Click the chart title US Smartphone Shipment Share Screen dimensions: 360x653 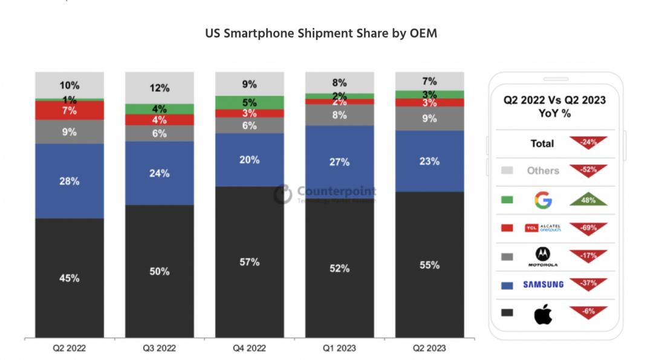pos(321,33)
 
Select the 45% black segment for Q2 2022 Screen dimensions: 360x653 pos(70,278)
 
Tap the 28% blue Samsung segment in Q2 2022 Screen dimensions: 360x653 pos(70,181)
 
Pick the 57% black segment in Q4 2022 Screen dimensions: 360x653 pos(250,262)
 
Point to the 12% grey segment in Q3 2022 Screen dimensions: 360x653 pos(160,88)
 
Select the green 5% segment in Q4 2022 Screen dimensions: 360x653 pos(250,103)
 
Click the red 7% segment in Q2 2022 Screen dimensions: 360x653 pos(70,111)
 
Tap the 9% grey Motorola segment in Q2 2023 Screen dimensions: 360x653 pos(430,119)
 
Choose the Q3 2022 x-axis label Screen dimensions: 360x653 pos(160,348)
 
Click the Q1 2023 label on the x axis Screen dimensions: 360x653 pos(340,348)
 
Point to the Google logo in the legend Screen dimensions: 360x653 pos(542,199)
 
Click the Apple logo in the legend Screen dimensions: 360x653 pos(544,313)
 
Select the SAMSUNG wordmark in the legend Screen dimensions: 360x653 pos(544,284)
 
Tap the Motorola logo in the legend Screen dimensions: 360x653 pos(544,256)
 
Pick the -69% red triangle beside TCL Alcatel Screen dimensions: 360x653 pos(588,227)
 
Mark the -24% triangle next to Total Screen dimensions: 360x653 pos(588,142)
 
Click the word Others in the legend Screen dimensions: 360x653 pos(542,171)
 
